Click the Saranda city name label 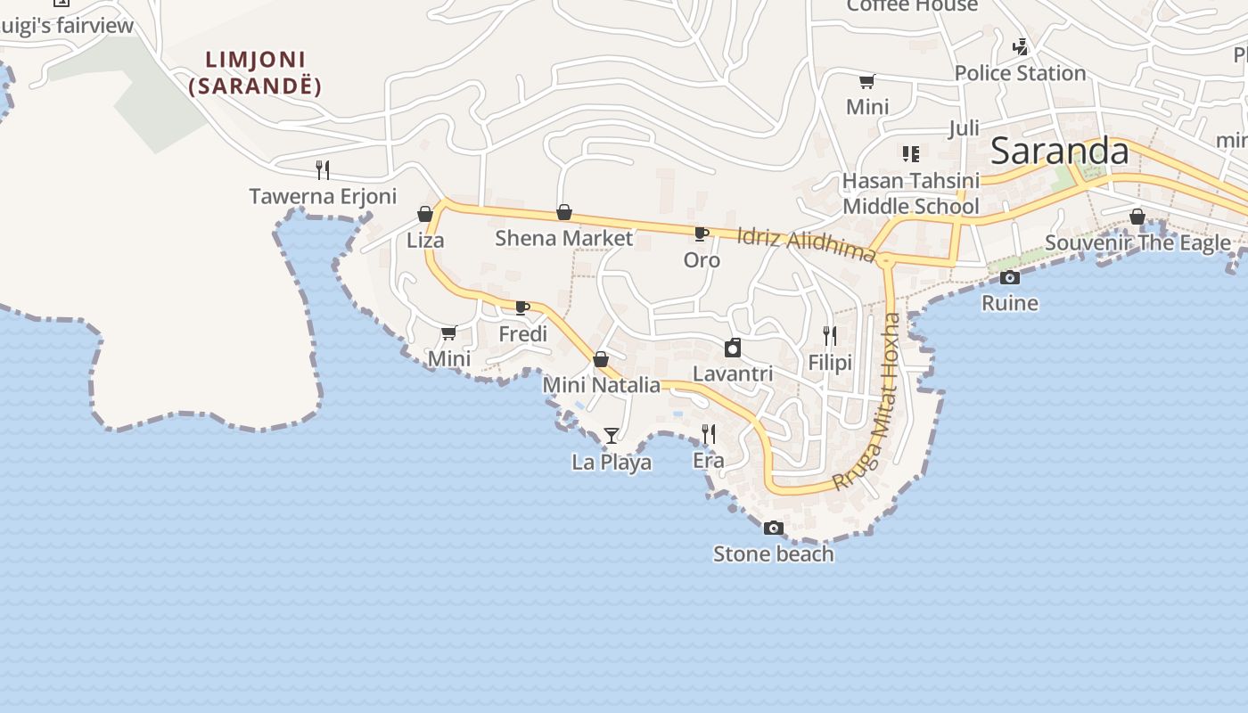click(1059, 152)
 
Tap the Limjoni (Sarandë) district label click(255, 73)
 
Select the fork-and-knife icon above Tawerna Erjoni click(323, 169)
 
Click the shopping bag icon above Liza click(425, 214)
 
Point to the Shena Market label click(563, 238)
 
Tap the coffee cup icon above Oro click(702, 234)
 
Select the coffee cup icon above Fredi click(522, 308)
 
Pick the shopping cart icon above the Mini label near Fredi click(448, 333)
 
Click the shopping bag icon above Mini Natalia click(601, 359)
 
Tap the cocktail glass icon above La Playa click(611, 436)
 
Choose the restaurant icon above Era click(709, 434)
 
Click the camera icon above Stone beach click(773, 529)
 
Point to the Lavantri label click(733, 373)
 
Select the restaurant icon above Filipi click(830, 335)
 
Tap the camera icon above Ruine click(1010, 278)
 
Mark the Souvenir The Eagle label click(1137, 242)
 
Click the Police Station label click(1020, 73)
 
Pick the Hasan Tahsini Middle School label click(911, 193)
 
